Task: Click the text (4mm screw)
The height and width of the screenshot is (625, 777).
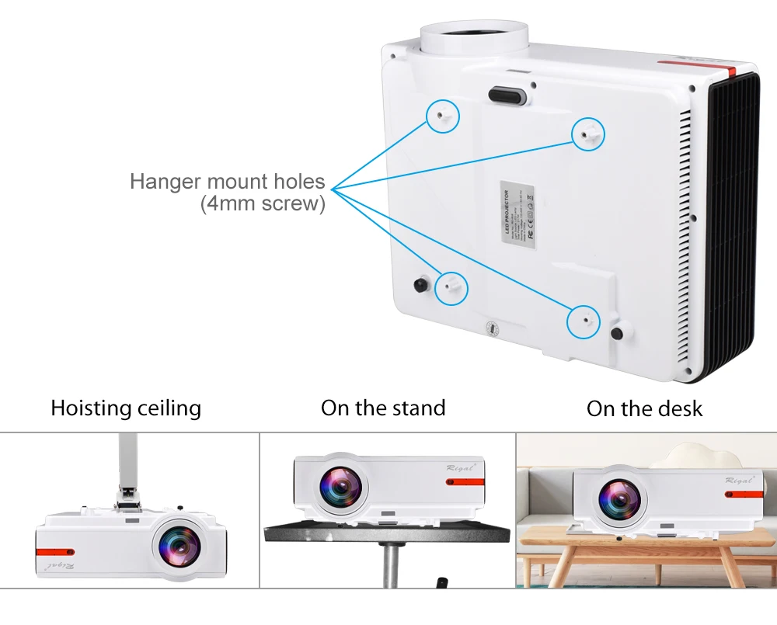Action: pyautogui.click(x=263, y=204)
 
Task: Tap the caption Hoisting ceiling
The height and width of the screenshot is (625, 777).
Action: pyautogui.click(x=126, y=408)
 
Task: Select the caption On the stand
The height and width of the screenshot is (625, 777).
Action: pyautogui.click(x=383, y=408)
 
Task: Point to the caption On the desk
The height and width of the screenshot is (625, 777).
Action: pyautogui.click(x=644, y=409)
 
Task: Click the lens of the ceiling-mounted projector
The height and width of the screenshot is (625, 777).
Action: pyautogui.click(x=176, y=546)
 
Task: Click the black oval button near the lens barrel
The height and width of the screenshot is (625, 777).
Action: pyautogui.click(x=507, y=95)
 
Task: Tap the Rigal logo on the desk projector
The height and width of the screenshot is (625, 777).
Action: pyautogui.click(x=737, y=480)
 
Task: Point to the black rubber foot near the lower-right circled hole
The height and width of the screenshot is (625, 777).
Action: pyautogui.click(x=618, y=332)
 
